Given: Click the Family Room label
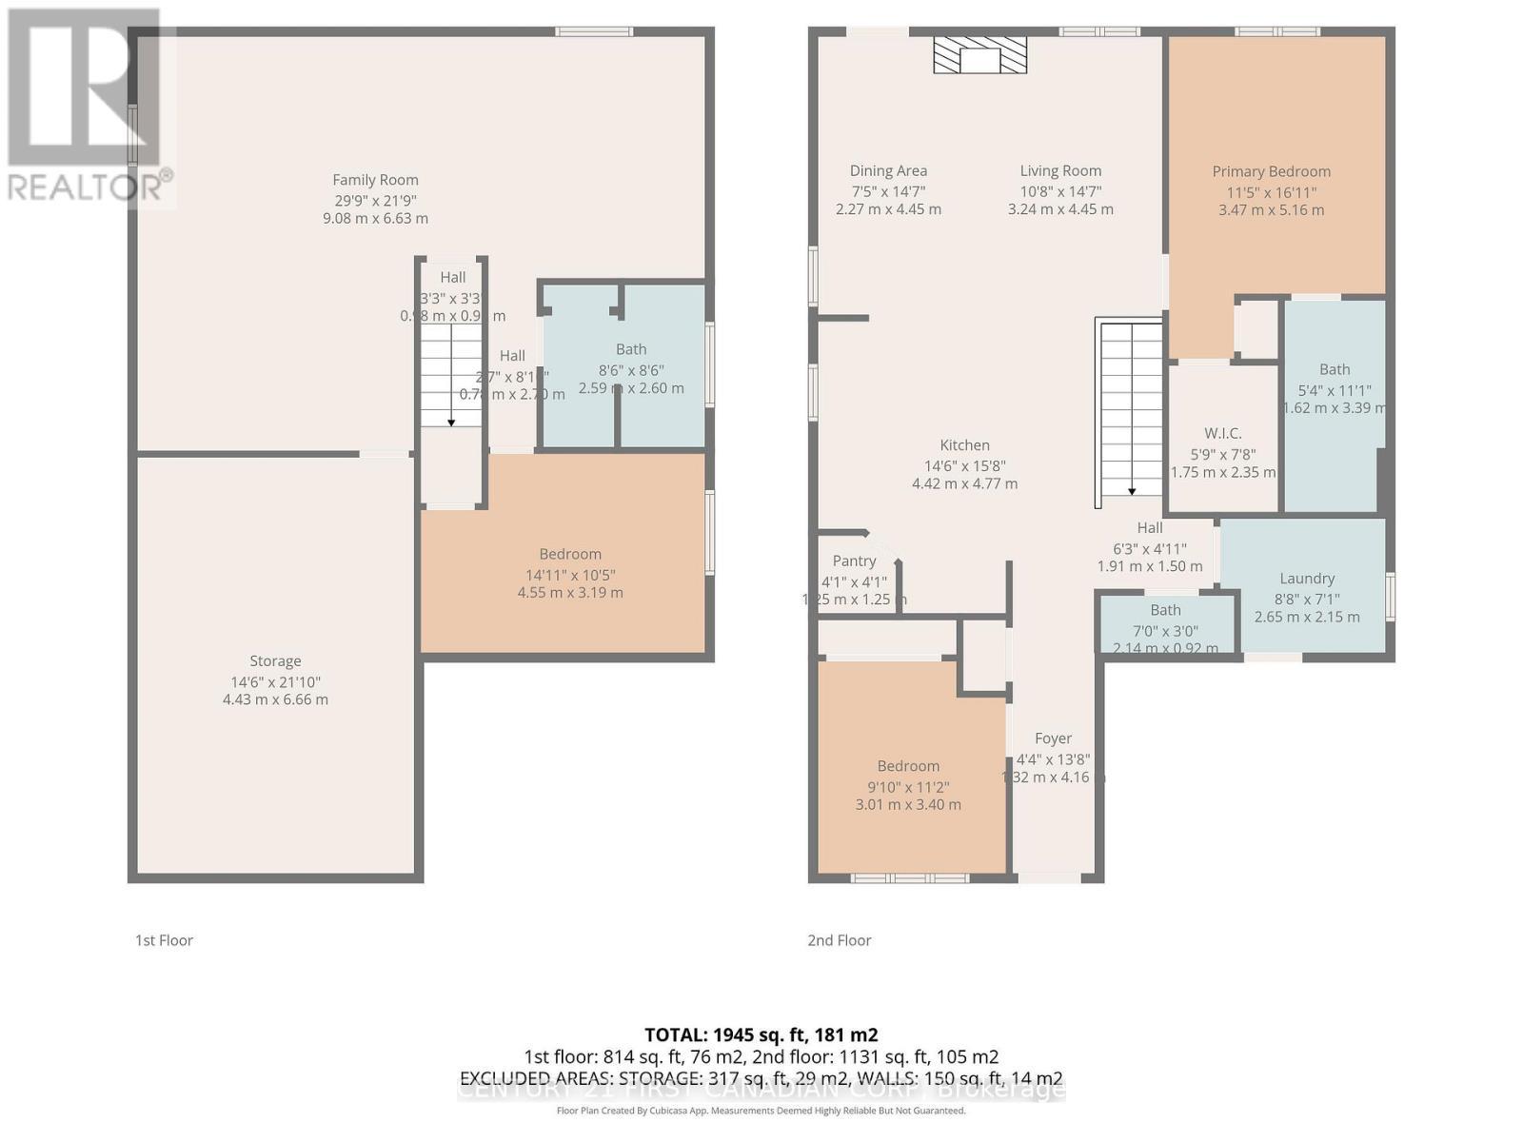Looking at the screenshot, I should (x=375, y=180).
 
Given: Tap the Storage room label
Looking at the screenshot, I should (x=275, y=661).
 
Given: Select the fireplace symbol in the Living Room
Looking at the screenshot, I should (x=979, y=56).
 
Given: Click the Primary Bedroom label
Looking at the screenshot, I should (x=1271, y=172).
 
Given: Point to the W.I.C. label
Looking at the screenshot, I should (x=1222, y=434).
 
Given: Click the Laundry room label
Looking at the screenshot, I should (x=1306, y=579).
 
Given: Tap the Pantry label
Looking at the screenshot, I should (x=854, y=561).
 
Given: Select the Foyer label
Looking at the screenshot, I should (x=1053, y=738).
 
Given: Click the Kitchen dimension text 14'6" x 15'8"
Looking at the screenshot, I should (x=964, y=466).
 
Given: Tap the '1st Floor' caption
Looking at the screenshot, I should (x=164, y=940).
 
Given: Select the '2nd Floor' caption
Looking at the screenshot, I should (x=840, y=940).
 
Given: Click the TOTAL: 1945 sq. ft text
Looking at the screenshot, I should (x=761, y=1034).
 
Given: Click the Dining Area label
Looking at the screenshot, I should (x=888, y=171).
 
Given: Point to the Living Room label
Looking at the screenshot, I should (x=1060, y=171).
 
